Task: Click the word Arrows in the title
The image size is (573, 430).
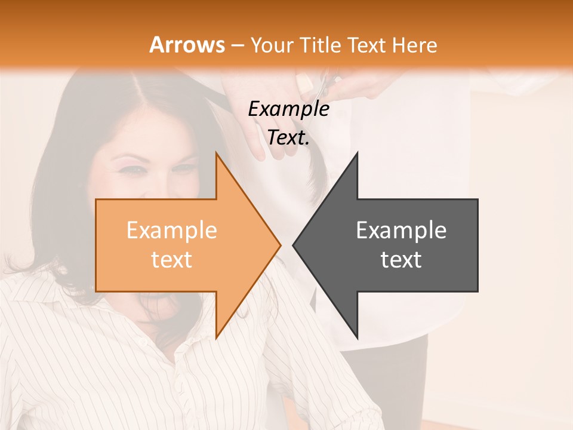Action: tap(187, 45)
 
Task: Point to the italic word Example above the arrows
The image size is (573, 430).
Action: tap(288, 109)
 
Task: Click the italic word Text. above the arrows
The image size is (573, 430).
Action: tap(288, 137)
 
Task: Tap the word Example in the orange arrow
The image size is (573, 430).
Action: tap(171, 231)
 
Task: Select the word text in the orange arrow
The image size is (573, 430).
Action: tap(171, 260)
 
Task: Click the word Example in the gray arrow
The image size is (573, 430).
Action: tap(401, 231)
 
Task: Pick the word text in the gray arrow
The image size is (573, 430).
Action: tap(401, 260)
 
